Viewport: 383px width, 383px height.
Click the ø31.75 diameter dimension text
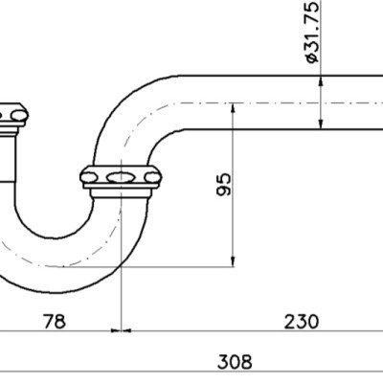(311, 33)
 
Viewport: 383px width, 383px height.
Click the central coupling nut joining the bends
(122, 178)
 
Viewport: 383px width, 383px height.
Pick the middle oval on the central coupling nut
(122, 178)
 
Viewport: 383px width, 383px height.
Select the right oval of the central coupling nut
(151, 178)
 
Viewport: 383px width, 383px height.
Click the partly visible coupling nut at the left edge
(11, 117)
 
